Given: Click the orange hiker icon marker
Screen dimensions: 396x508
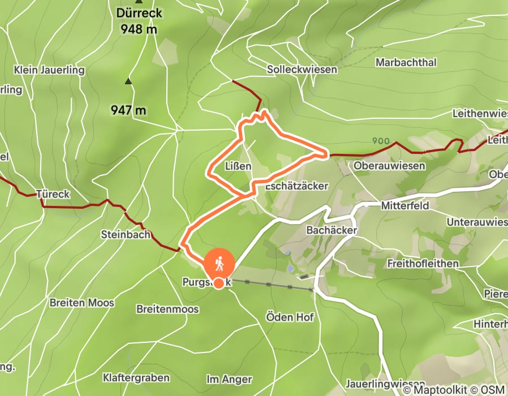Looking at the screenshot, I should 219,264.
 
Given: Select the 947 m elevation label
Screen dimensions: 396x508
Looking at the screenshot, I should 129,110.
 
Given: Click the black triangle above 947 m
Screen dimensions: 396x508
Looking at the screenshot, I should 128,81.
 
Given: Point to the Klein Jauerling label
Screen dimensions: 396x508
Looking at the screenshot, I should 50,70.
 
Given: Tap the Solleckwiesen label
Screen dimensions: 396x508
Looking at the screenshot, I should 302,69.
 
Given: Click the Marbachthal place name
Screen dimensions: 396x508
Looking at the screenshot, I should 406,63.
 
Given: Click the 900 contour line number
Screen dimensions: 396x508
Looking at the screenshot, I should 382,140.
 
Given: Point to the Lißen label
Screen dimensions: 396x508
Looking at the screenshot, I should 238,166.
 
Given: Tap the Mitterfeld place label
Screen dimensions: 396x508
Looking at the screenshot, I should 404,205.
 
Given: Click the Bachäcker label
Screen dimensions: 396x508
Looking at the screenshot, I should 332,230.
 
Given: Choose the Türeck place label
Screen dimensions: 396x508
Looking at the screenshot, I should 52,194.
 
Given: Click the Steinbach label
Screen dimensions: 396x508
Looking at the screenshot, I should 125,234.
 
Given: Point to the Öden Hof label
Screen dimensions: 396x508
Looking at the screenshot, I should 290,317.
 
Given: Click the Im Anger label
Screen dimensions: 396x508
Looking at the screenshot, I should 229,378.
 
